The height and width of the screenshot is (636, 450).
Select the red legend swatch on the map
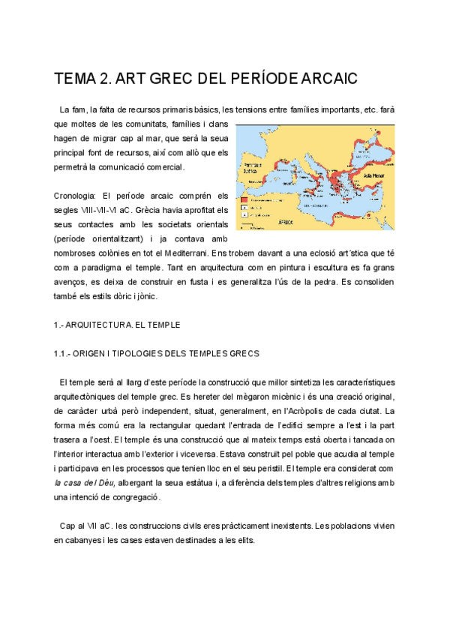[x=244, y=201]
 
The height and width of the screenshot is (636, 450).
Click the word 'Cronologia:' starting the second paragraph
[x=76, y=196]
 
